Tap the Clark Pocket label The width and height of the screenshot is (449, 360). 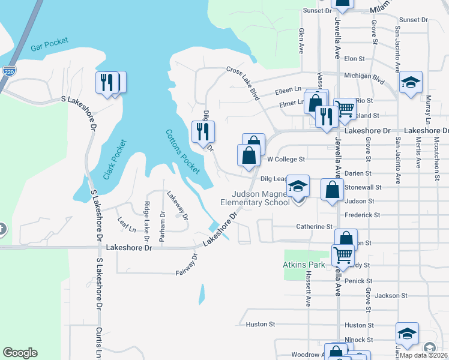tap(115, 160)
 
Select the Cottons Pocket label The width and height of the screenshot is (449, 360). tap(182, 152)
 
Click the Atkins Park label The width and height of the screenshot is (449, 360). tap(304, 264)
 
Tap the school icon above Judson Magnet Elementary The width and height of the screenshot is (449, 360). tap(297, 185)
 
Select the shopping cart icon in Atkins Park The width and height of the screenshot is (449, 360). tap(342, 254)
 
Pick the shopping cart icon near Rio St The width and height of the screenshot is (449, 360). tap(345, 109)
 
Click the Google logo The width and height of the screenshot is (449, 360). tap(20, 353)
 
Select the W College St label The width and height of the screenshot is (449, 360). tap(286, 160)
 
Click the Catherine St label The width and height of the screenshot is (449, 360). tap(315, 227)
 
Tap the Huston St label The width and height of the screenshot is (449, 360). tap(260, 325)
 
